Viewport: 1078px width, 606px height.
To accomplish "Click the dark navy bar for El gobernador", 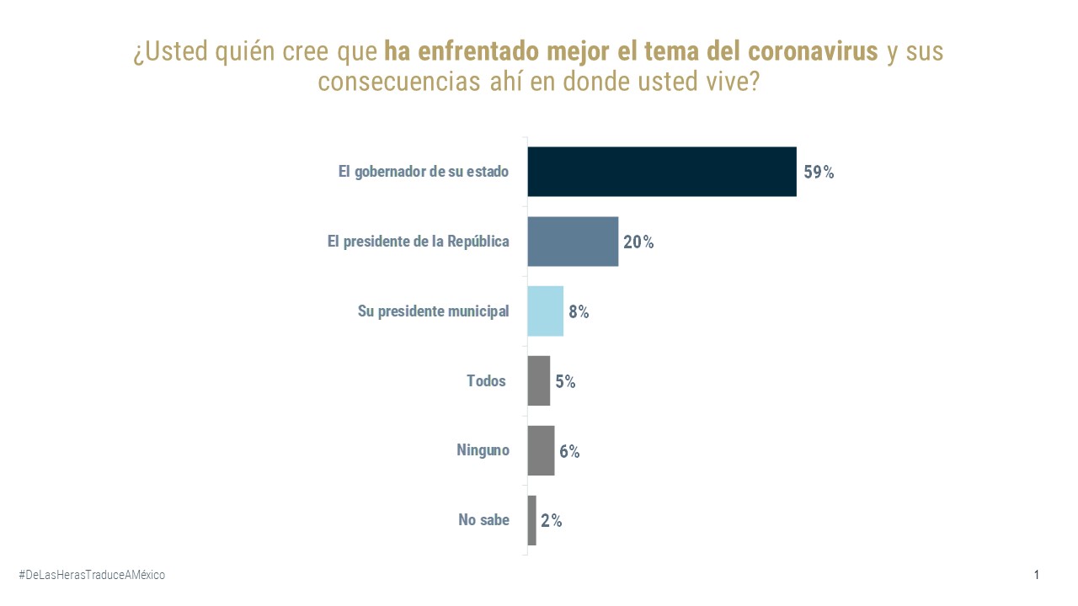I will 662,172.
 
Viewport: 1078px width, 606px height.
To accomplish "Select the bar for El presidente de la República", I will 573,242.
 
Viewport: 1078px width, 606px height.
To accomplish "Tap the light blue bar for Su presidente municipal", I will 545,311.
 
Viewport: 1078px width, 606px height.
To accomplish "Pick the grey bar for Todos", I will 539,381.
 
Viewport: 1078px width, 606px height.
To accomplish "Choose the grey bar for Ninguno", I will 541,451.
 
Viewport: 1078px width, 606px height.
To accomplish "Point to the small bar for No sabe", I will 531,520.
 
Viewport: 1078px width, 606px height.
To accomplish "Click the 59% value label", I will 819,173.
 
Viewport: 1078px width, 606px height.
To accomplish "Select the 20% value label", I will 638,242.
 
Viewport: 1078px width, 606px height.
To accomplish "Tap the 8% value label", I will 579,312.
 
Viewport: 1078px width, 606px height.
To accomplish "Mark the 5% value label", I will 565,382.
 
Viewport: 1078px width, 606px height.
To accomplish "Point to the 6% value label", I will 569,452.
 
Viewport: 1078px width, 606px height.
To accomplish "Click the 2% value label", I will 552,521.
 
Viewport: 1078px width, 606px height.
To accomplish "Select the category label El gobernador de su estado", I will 424,172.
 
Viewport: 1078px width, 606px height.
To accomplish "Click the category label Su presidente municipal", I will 433,311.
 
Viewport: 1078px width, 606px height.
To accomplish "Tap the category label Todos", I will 487,381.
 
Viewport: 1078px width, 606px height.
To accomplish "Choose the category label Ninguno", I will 483,450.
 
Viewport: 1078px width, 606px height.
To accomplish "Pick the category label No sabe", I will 483,520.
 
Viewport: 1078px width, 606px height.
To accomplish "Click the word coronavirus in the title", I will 813,51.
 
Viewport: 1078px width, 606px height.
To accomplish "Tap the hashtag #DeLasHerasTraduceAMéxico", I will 92,575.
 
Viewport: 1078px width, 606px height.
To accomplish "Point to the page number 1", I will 1037,575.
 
